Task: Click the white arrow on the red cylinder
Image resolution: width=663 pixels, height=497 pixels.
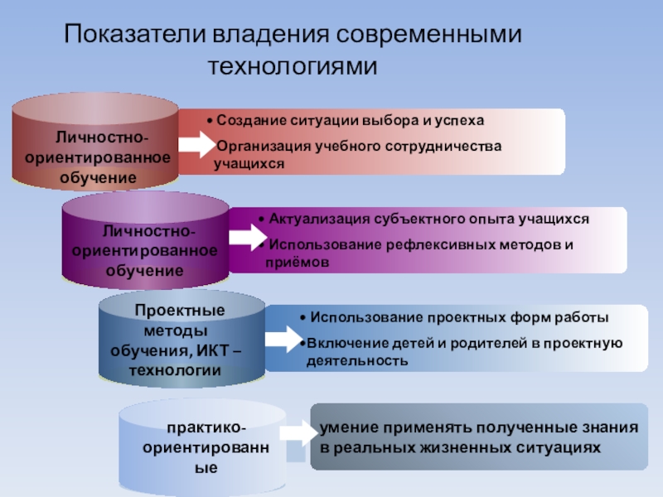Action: [196, 146]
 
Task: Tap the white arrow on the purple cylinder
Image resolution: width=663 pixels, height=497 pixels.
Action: [244, 237]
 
